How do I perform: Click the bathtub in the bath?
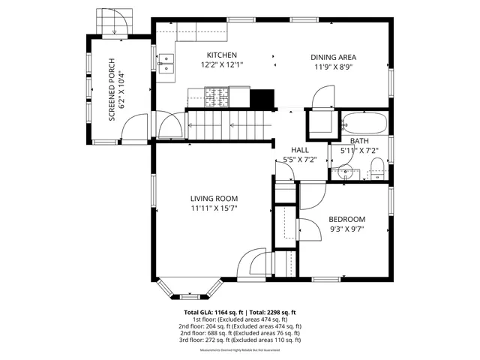364,121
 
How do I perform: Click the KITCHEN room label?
222,55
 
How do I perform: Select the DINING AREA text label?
333,57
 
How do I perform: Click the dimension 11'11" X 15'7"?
214,208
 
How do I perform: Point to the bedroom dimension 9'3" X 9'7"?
346,229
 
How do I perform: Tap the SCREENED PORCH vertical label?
115,91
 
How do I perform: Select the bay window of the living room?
187,289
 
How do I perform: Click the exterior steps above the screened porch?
114,21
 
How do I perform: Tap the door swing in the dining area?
322,95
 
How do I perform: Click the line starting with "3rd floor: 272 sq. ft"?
240,340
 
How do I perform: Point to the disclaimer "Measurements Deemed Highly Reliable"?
240,350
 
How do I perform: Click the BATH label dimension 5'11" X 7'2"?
359,150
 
